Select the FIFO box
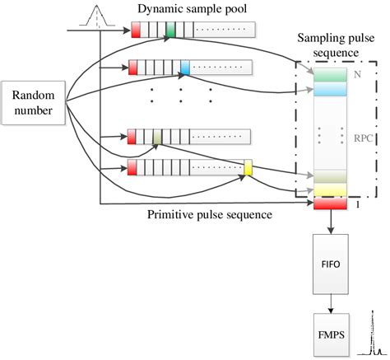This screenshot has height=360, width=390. [x=331, y=266]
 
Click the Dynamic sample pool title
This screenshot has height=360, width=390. [x=193, y=11]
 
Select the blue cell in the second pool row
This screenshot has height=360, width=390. [x=184, y=68]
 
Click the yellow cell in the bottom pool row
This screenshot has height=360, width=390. [x=247, y=169]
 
